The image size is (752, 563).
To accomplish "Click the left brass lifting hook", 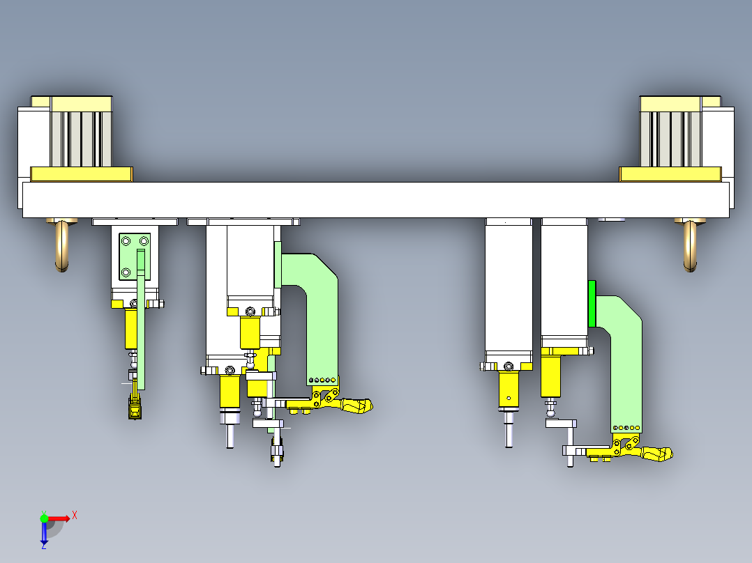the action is point(62,245).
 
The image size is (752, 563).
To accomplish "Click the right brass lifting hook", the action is point(690,245).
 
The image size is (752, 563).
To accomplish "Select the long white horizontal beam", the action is point(376,200).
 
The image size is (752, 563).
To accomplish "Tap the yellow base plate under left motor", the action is point(82,174).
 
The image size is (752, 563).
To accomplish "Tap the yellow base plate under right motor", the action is point(670,174).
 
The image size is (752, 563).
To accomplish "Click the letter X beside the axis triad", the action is point(75,516).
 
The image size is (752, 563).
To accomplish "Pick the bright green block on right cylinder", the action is point(592,304).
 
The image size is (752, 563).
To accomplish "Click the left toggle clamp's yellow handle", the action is point(356,406).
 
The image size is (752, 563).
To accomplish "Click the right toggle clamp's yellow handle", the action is point(657,454).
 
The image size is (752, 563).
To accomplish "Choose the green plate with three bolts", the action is point(135,256).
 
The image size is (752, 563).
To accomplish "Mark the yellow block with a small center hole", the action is point(509,390).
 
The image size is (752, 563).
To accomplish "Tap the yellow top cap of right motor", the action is point(680,104).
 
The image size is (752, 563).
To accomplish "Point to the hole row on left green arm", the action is point(322,380).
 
